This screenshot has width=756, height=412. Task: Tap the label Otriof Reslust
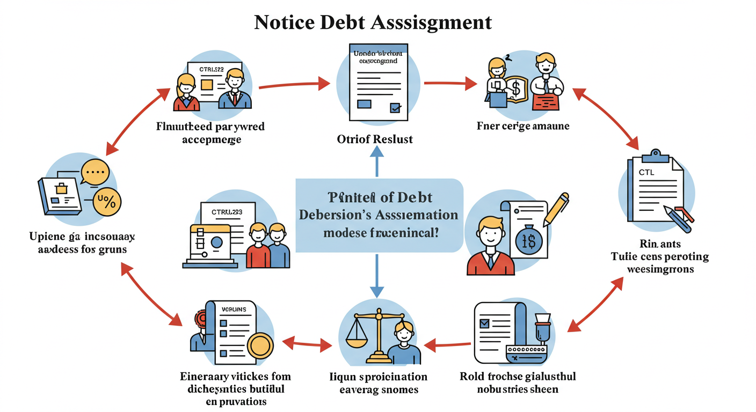[375, 139]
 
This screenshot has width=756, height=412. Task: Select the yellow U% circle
[107, 202]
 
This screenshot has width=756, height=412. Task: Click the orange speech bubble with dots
[95, 173]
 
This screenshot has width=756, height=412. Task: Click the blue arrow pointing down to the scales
[377, 276]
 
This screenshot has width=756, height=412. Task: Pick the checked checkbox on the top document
[395, 107]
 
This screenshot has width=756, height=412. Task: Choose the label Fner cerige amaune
[523, 126]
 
